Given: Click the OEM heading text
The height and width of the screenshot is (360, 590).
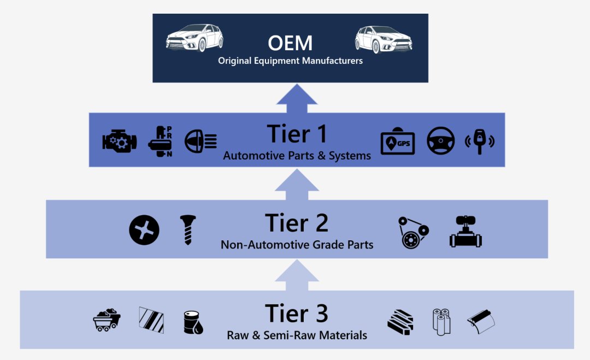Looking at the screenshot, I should pos(290,43).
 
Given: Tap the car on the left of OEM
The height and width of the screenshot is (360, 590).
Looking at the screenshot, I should pos(194,38).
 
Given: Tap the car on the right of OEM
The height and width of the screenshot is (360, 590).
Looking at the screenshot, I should pos(383,39).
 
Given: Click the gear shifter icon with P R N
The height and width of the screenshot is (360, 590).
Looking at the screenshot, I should pos(160,141).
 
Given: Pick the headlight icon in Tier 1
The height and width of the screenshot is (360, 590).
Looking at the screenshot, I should pos(200,141).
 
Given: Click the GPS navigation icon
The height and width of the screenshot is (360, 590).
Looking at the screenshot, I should pos(398,143).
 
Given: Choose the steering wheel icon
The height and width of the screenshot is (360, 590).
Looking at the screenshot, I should pos(440,141).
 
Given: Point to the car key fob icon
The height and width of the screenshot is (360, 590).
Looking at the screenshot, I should pos(480,141).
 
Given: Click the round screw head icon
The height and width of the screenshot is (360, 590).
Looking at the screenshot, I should pos(144,229).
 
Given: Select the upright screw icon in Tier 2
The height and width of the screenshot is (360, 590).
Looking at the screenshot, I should pos(187,229).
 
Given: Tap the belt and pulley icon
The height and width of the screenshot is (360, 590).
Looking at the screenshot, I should pos(413,232).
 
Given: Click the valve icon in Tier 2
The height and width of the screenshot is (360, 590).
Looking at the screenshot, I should pos(465,232).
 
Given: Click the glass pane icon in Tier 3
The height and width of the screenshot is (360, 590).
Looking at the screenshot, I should pos(151,319).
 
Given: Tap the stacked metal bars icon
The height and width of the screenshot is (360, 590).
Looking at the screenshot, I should pos(400,321).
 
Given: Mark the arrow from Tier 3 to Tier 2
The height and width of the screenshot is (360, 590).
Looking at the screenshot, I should pos(297,275).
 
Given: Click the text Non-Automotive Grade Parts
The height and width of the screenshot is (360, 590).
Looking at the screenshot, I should pos(297,245).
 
